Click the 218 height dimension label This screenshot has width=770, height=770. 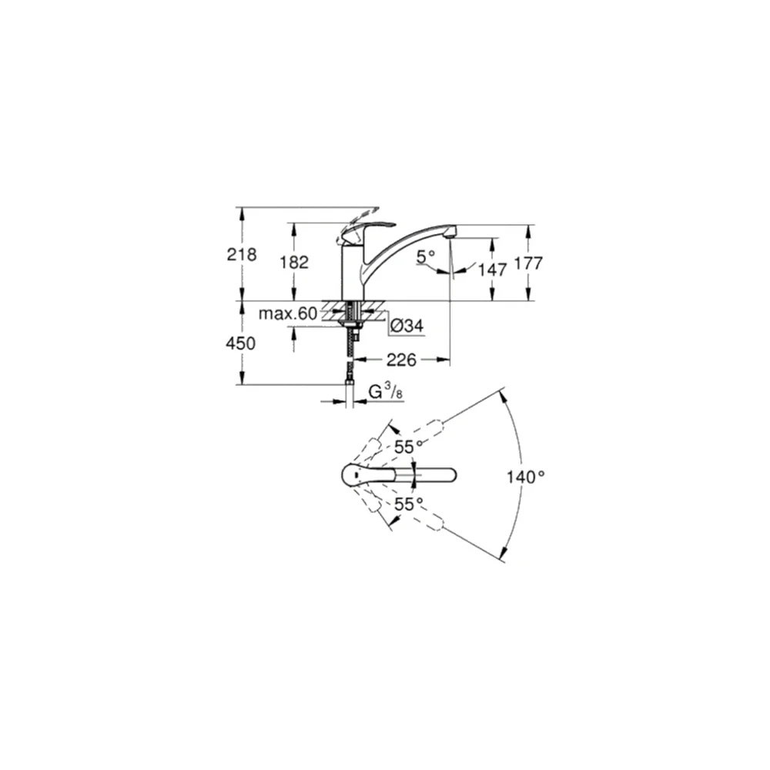[242, 254]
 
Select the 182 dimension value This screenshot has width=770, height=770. [294, 263]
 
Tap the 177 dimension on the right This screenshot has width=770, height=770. [528, 263]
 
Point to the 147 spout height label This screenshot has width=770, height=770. [493, 269]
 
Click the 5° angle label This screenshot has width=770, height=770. [425, 256]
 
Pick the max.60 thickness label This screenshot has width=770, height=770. [288, 313]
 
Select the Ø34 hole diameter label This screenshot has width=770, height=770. [407, 325]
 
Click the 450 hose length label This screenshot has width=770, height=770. [240, 343]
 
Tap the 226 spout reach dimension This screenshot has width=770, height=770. [401, 360]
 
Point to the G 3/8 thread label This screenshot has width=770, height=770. [386, 392]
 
